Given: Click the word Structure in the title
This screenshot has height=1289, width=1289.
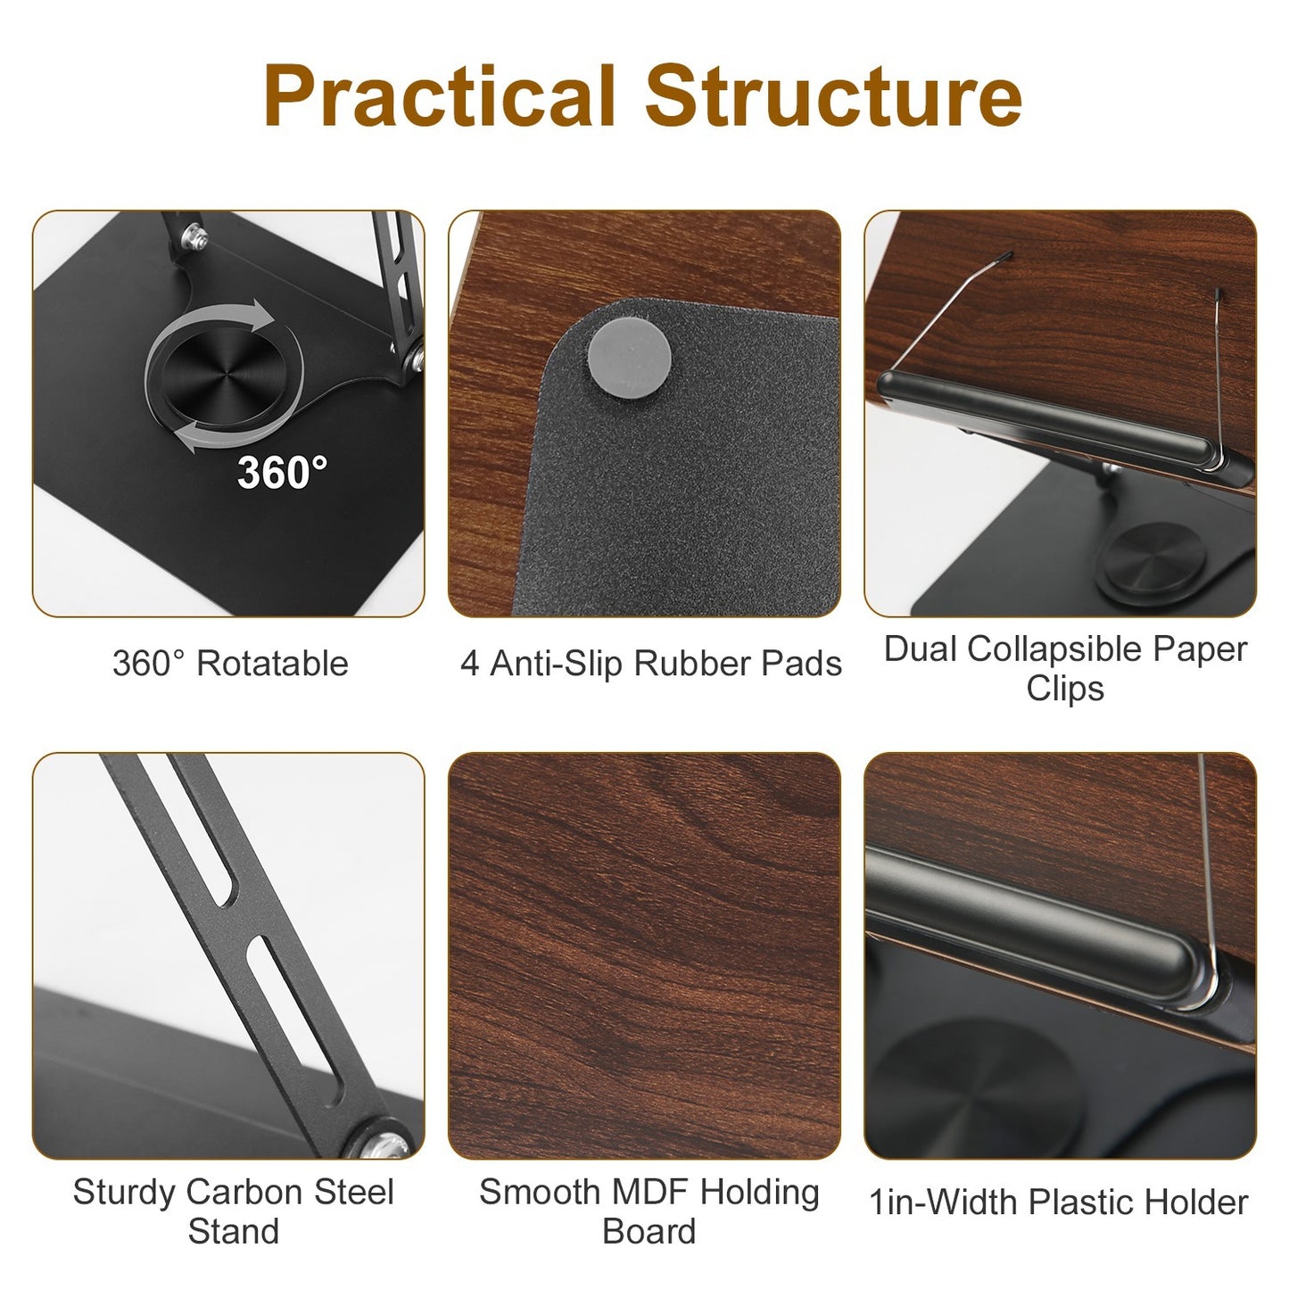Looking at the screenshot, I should click(x=833, y=96).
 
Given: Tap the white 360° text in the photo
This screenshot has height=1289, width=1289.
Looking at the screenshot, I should click(x=282, y=472).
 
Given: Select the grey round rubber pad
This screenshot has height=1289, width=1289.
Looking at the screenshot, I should click(x=630, y=348).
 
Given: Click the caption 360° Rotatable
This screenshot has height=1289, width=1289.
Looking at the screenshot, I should click(x=230, y=664).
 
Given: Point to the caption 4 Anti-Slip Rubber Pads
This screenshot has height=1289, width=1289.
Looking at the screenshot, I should click(x=651, y=664).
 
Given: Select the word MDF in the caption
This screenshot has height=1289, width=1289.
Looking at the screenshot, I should click(x=648, y=1192).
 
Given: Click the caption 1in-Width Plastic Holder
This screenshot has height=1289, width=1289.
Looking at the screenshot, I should click(x=1058, y=1202).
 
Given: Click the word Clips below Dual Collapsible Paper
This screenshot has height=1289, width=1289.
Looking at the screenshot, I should click(x=1065, y=689).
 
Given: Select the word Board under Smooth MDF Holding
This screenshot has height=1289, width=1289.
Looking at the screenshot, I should click(x=649, y=1231).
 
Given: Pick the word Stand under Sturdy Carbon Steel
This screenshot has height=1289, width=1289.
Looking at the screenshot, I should click(x=234, y=1231).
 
